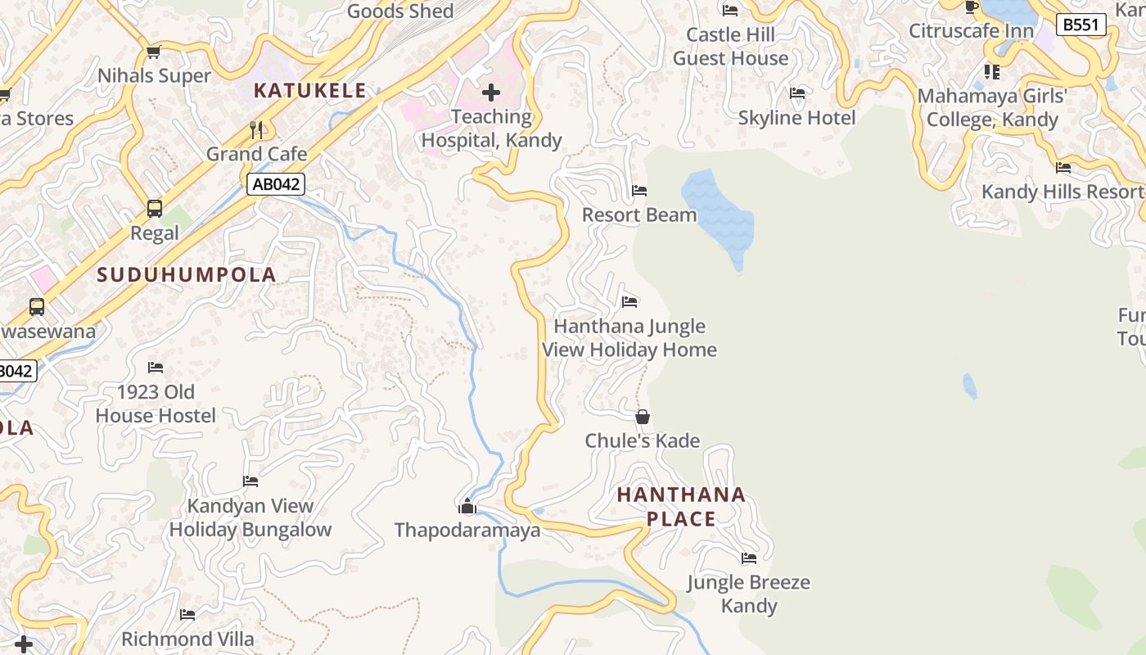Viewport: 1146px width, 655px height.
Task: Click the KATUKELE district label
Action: tap(310, 91)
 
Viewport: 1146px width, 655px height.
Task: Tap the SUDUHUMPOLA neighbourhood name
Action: tap(187, 275)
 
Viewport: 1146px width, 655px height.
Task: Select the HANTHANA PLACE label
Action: tap(681, 507)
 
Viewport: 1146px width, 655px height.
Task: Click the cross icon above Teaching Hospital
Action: tap(491, 93)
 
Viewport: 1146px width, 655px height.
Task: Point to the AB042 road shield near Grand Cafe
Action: tap(276, 184)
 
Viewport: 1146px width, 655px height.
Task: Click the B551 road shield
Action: tap(1081, 25)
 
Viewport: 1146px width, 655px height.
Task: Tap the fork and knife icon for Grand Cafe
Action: tap(257, 129)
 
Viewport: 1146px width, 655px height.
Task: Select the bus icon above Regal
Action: tap(155, 209)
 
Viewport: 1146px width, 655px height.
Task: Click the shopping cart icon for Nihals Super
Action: tap(153, 52)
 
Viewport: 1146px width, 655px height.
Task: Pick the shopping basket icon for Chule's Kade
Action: tap(643, 418)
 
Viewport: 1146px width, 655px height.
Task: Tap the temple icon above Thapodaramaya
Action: tap(467, 507)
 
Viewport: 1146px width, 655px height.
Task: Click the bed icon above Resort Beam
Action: tap(639, 191)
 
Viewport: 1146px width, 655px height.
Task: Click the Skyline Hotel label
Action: tap(796, 118)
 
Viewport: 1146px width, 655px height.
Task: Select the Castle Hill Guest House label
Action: tap(730, 47)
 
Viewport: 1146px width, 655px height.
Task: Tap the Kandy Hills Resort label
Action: tap(1062, 192)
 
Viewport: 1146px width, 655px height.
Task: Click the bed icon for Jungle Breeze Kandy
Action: tap(749, 558)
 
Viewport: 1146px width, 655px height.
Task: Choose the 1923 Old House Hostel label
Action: tap(156, 404)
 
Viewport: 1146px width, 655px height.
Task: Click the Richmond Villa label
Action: tap(187, 639)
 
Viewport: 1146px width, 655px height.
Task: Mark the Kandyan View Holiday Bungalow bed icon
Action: tap(250, 481)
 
